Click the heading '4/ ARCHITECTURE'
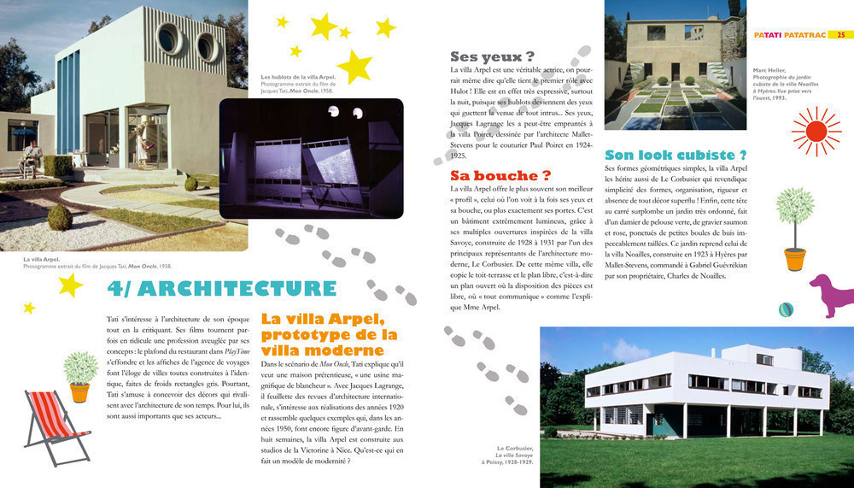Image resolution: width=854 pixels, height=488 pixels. (x=221, y=289)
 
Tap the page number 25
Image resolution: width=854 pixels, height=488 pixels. (x=840, y=35)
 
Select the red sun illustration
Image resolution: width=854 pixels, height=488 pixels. (x=816, y=131)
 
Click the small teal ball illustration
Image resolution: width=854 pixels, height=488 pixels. (x=786, y=309)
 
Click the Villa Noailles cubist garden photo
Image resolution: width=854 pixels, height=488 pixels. (x=675, y=66)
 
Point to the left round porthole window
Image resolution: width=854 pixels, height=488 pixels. (x=167, y=40)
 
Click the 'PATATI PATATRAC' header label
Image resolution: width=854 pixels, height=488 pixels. (x=789, y=35)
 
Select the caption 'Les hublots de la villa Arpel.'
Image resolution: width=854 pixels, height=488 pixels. (x=298, y=78)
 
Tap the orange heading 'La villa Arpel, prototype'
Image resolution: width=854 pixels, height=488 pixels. (x=330, y=334)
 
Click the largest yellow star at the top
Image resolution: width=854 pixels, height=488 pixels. (x=354, y=65)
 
